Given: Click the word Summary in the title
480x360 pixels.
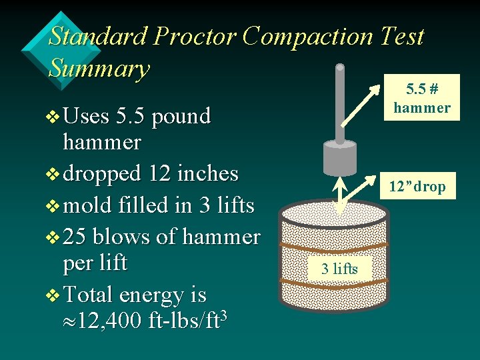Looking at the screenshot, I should pos(99,69).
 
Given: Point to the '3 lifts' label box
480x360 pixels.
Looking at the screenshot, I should pos(340,269).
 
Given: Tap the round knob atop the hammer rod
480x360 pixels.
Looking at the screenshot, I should pos(340,68).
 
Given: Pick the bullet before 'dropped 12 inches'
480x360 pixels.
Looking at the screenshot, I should pos(53,174).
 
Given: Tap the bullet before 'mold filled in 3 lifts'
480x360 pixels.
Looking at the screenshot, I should pos(53,206).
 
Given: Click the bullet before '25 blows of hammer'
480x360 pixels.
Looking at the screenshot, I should pos(53,237).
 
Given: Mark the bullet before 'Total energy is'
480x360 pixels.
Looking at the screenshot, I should pos(53,295).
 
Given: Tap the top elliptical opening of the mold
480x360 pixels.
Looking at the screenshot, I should pos(334,213).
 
